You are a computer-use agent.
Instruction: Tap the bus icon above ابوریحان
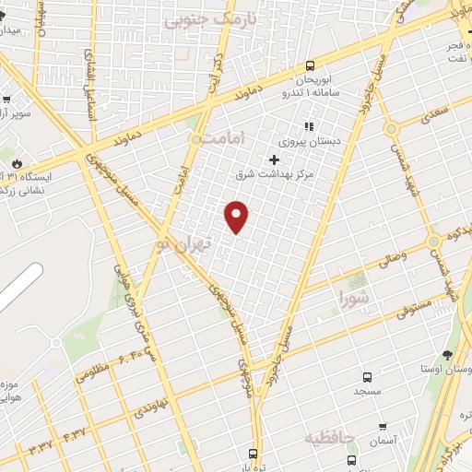point(309,66)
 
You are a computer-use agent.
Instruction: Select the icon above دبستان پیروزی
point(310,127)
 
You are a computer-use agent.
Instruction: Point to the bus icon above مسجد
point(367,377)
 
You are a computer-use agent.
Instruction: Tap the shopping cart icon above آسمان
point(383,428)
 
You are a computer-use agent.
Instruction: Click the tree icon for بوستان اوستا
point(447,354)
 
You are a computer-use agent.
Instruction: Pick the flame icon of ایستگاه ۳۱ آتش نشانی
point(16,162)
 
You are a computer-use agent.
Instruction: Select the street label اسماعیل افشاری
point(91,77)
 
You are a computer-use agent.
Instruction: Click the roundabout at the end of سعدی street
point(391,128)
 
